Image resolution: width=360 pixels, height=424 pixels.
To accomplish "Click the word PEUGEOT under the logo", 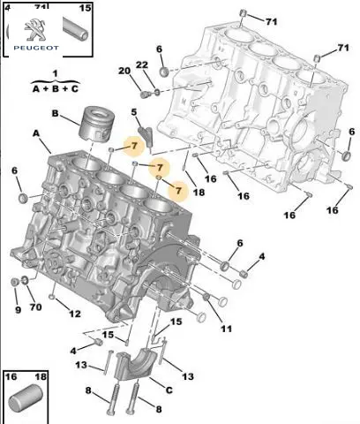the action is coord(36,48).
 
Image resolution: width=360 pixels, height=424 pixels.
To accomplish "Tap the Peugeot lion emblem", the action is coord(35,30).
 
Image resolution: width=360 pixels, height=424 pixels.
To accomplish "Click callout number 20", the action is coord(124,71).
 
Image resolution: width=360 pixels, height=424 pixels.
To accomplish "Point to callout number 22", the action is coord(142,64).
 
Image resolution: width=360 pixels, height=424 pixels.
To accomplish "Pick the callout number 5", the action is coord(134,112).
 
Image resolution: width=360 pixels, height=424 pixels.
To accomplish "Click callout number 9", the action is coord(18,310).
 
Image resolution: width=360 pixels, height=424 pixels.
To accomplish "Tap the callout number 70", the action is coord(35,307).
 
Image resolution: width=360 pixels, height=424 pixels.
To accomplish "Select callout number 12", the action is coord(75,314).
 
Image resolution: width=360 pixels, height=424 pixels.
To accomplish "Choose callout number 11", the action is coord(227,329).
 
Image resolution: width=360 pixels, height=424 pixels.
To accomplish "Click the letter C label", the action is coord(169,390).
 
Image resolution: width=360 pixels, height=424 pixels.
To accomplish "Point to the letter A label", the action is coord(36,133).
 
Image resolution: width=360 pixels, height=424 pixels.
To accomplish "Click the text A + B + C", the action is coord(56,88).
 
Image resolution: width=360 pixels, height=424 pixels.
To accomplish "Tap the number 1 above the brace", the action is coord(55,73).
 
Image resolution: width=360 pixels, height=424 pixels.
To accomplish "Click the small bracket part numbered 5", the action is coord(146,137).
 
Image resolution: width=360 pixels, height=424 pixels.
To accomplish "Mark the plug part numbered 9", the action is coord(14,282).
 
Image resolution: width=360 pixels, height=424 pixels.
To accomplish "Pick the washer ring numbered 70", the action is coord(26,280).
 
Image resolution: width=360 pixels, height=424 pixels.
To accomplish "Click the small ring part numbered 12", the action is coord(52,296).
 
